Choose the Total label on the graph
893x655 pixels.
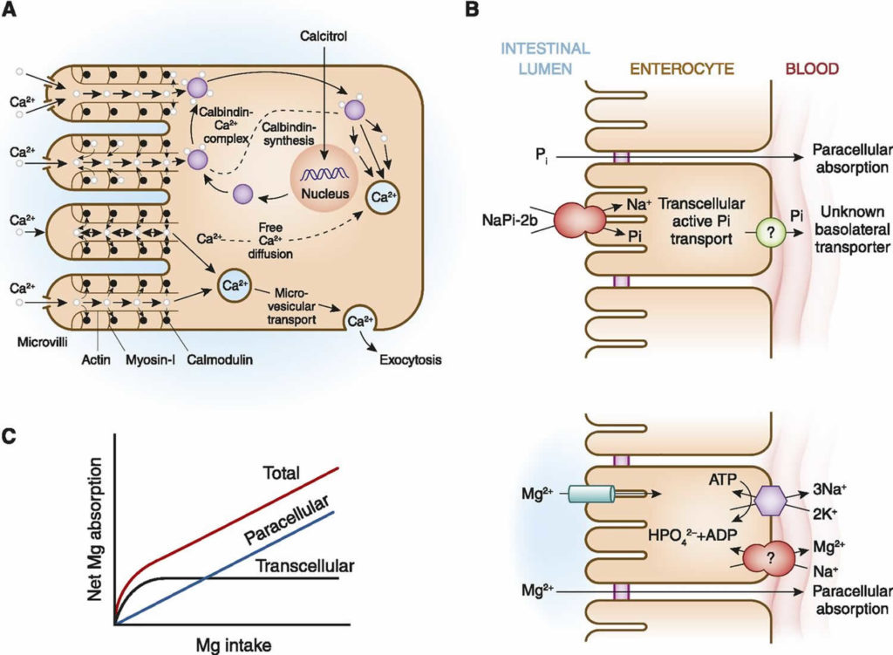point(279,473)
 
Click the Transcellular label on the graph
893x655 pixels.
point(305,566)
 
